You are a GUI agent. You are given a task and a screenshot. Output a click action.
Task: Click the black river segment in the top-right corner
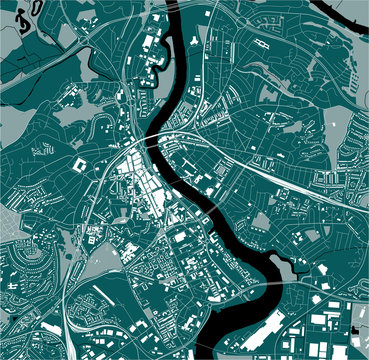pyautogui.click(x=340, y=8)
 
